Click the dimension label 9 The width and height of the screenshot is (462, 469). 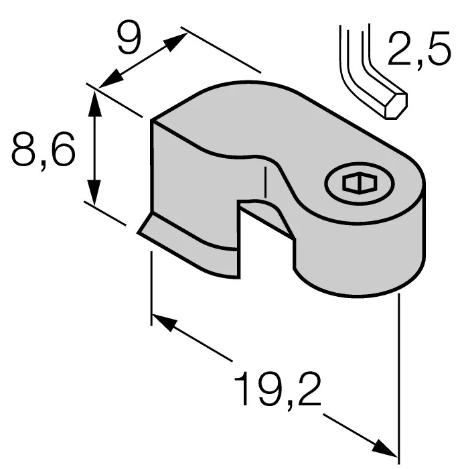pyautogui.click(x=129, y=38)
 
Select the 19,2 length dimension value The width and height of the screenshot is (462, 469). pyautogui.click(x=277, y=389)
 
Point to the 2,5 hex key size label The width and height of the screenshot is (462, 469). pyautogui.click(x=419, y=48)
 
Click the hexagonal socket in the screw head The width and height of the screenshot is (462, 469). pyautogui.click(x=360, y=182)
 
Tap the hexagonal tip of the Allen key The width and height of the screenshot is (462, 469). pyautogui.click(x=396, y=106)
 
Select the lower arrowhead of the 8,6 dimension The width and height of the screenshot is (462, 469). pyautogui.click(x=94, y=193)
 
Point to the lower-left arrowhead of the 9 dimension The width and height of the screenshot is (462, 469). pyautogui.click(x=111, y=79)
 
